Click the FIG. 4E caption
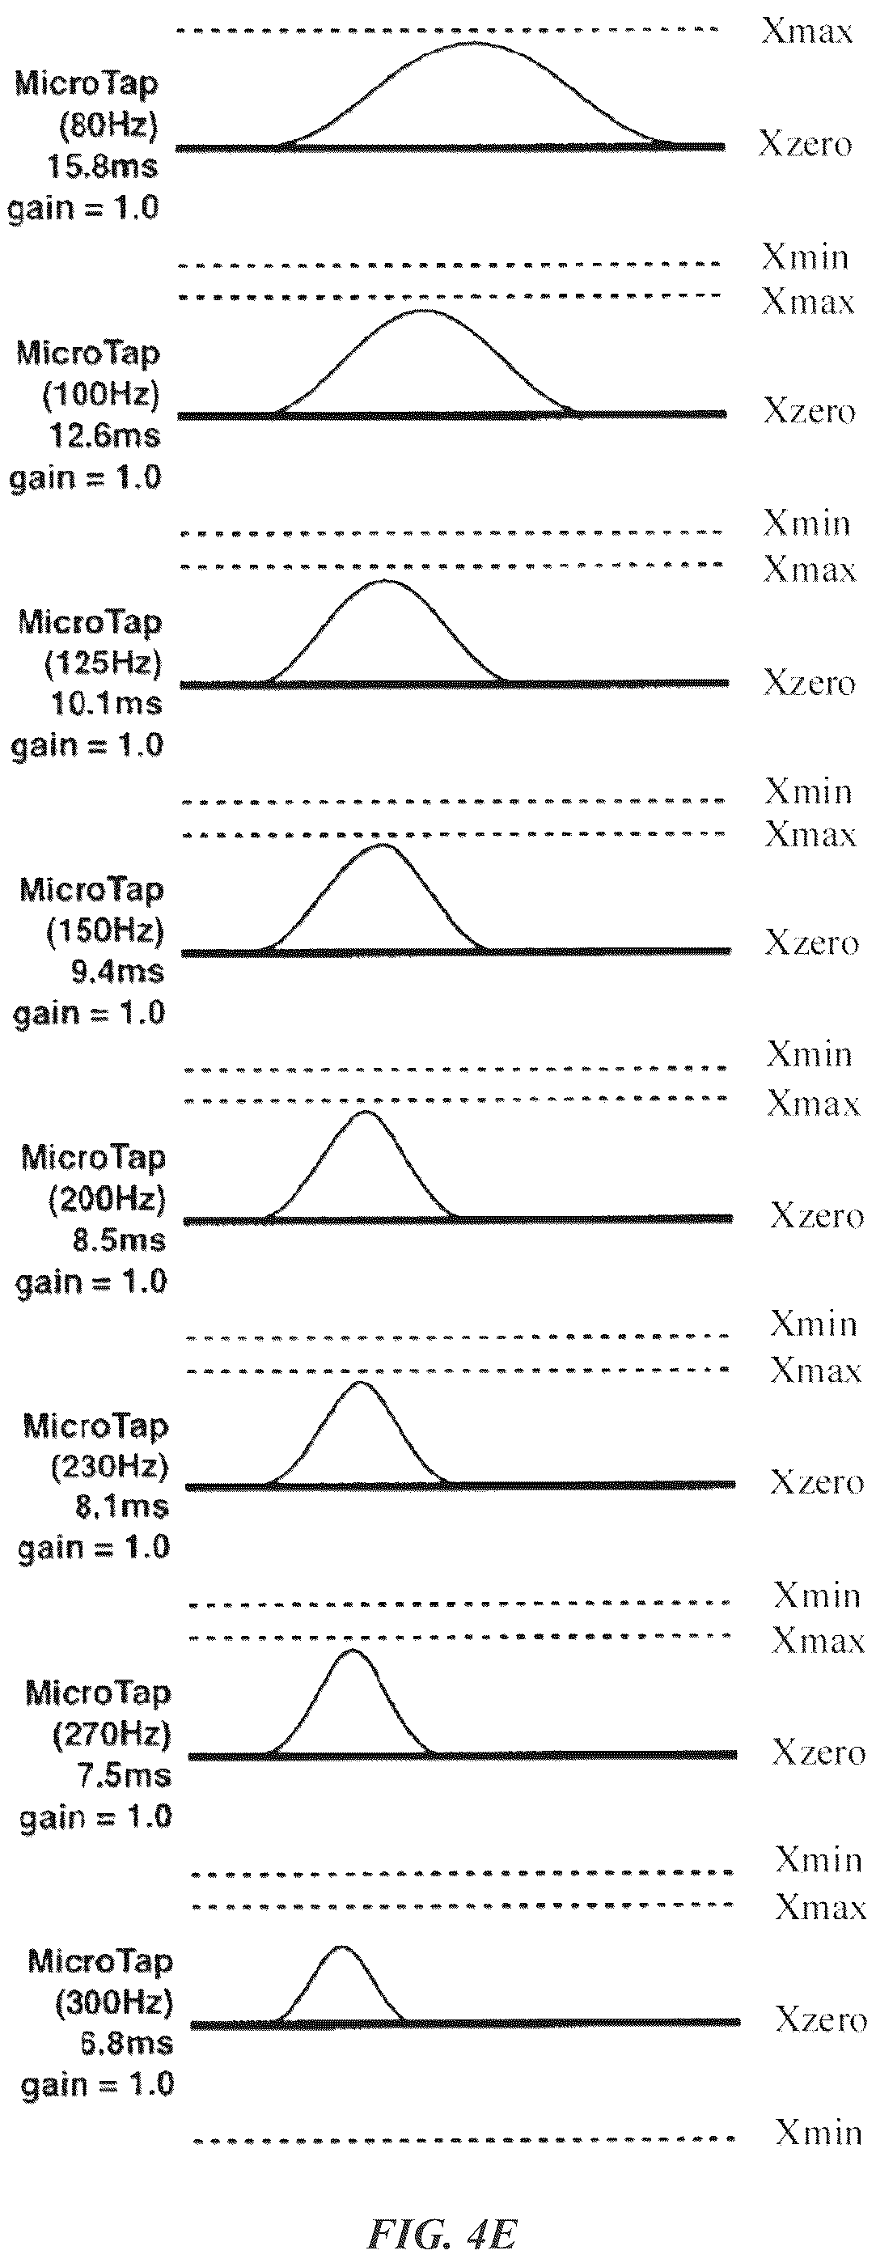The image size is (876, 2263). pos(441,2232)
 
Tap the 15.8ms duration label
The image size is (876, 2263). pos(102,166)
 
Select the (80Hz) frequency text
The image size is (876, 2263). pos(108,125)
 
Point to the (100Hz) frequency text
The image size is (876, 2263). pos(101,395)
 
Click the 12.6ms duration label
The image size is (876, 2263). pos(104,434)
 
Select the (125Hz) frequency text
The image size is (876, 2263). pos(103,663)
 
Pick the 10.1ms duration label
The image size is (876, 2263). pos(106,703)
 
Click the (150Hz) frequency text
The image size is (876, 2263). pos(105,931)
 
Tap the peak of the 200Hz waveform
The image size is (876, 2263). pos(366,1112)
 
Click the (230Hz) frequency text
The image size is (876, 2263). pos(110,1466)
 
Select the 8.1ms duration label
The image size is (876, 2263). pos(121,1507)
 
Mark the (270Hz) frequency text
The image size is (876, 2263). pos(112,1735)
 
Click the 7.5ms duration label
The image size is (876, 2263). pos(124,1776)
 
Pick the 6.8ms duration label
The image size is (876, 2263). pos(126,2044)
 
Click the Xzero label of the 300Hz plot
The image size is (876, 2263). pos(821,2019)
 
